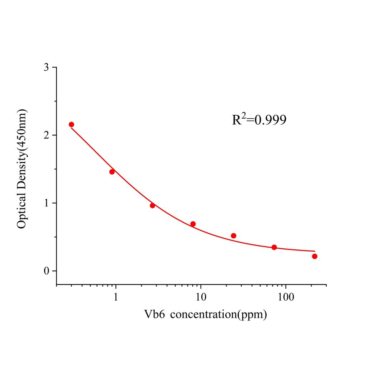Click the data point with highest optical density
pos(71,124)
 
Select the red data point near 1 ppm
pos(112,172)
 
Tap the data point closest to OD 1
pos(152,205)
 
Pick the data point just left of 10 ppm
pos(193,224)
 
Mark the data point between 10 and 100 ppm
pos(233,235)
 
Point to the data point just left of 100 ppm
pos(274,247)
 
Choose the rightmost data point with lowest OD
pos(315,256)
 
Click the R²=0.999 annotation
pos(259,120)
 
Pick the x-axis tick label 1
pos(116,297)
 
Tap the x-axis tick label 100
pos(285,297)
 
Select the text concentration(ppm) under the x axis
pos(219,315)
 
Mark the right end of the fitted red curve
pos(315,251)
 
